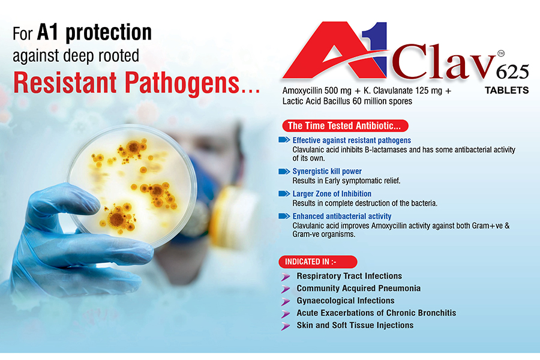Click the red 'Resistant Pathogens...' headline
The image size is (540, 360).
[136, 83]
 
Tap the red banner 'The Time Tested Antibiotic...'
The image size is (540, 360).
[345, 126]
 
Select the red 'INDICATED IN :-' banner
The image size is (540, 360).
[318, 262]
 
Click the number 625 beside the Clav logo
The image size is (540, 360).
[512, 72]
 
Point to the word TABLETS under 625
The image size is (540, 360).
[506, 90]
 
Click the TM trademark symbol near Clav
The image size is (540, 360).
[501, 53]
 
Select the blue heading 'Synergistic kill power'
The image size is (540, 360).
[327, 171]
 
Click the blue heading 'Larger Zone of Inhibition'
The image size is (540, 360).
[332, 194]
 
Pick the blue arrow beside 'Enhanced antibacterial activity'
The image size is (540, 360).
[284, 216]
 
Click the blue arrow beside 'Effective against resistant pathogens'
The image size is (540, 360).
[284, 140]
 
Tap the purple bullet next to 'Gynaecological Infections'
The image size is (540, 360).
[286, 301]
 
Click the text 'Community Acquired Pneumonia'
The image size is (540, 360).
[359, 289]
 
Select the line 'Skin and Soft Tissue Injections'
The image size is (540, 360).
[355, 325]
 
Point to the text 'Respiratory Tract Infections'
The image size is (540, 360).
[349, 276]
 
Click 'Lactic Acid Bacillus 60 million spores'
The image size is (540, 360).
[347, 101]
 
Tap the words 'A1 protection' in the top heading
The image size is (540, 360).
[94, 32]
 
